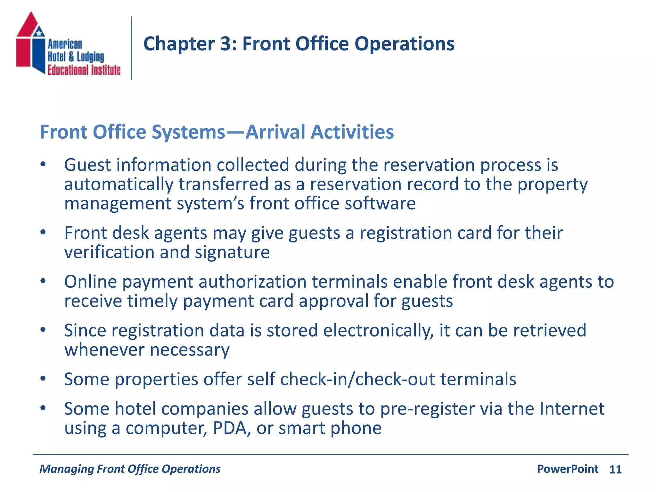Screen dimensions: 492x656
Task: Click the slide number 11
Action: (615, 470)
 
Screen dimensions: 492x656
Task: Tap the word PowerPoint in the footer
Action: (567, 469)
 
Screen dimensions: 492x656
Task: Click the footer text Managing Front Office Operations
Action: (130, 469)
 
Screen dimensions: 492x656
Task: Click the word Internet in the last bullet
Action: (572, 409)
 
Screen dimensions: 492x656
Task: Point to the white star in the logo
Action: (39, 32)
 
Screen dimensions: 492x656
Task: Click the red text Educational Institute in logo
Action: (84, 70)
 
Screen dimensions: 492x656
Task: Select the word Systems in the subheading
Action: (188, 132)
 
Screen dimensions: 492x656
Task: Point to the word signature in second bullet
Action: (232, 252)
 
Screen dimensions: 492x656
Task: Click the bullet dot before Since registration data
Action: (43, 330)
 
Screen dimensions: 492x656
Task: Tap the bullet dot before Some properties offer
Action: (43, 379)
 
